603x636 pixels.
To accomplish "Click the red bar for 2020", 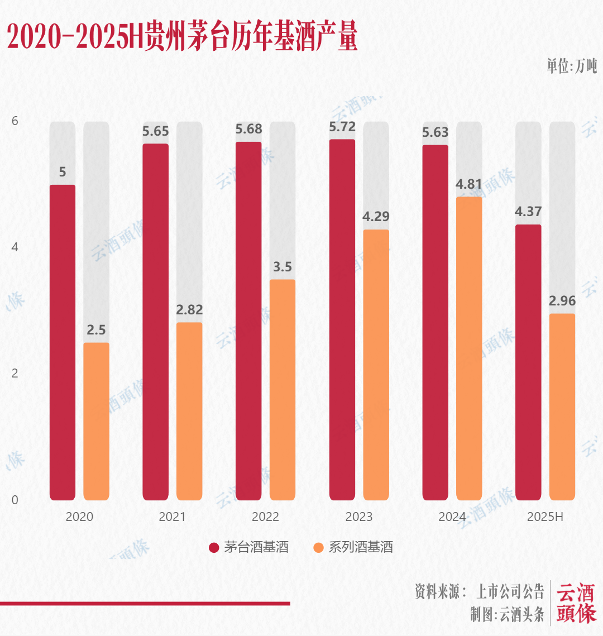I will [63, 342].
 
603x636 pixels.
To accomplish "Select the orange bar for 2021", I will [189, 411].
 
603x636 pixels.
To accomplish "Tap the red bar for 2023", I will [342, 319].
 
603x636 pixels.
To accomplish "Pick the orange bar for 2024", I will [469, 348].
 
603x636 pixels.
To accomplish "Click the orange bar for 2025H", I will [562, 407].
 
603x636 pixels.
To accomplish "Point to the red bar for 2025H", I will [528, 362].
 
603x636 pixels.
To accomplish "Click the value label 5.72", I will [342, 127].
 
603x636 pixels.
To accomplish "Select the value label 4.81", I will [469, 184].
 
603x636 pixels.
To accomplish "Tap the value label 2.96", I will [562, 301].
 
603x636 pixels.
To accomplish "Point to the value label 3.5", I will [283, 267].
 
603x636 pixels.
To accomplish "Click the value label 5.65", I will [156, 131].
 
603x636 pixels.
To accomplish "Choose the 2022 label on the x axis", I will [265, 517].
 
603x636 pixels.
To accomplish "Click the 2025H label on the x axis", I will [545, 517].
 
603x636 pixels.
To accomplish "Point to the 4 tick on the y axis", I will [15, 247].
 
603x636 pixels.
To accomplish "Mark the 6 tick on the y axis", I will [15, 121].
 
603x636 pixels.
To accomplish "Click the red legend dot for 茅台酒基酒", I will [214, 547].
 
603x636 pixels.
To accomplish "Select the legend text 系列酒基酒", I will [360, 547].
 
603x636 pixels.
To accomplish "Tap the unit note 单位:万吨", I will [571, 66].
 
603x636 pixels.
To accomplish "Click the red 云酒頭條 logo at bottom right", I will [576, 603].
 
